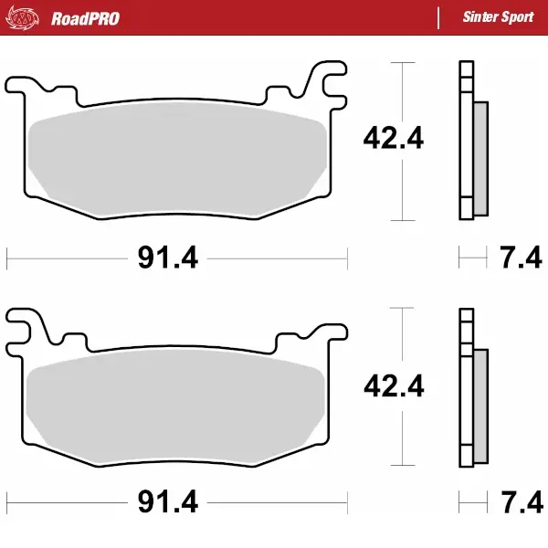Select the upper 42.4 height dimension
coord(394,139)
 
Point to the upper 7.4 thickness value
coord(522,258)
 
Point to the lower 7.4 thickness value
coord(522,503)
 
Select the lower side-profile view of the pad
coord(470,388)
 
